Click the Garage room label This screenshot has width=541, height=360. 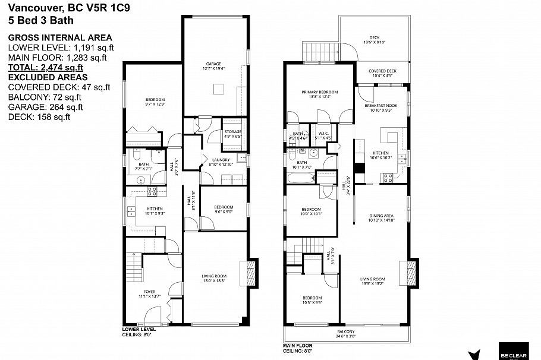pos(214,64)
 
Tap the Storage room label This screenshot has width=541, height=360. pos(232,132)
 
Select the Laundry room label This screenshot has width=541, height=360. pos(213,160)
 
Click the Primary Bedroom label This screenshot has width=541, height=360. pos(319,92)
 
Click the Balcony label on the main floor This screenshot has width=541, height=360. pos(345,332)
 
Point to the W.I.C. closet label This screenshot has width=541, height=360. pos(323,134)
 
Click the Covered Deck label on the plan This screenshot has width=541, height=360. pos(382,71)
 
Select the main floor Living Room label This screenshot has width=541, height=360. pos(373,279)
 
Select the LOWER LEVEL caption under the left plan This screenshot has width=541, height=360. pos(139,329)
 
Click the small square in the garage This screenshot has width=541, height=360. pos(219,90)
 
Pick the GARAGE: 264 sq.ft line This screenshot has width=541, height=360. pos(45,107)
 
